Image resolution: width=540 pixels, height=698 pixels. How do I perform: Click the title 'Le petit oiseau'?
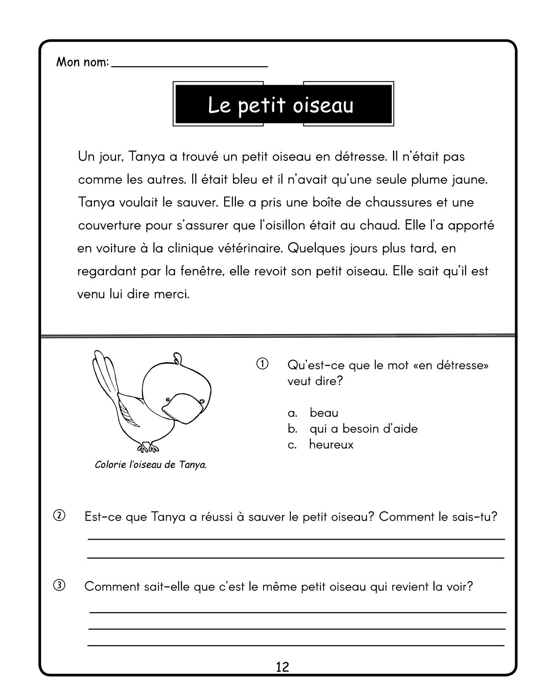point(281,105)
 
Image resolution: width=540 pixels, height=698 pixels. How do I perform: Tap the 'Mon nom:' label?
point(83,63)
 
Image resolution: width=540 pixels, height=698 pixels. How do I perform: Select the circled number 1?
point(262,364)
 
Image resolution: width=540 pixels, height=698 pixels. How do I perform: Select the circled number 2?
point(59,516)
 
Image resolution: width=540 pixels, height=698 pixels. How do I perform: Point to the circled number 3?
point(59,585)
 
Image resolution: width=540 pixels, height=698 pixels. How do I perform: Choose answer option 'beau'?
point(324,412)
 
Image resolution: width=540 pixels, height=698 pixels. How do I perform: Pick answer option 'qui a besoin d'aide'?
point(363,429)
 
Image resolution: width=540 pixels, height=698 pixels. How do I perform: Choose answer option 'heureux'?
point(331,445)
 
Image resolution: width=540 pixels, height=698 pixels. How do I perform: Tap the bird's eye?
point(169,399)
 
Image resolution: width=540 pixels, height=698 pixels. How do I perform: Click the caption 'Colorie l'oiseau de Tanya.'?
point(151,465)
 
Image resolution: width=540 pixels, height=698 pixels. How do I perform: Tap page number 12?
point(282,667)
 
